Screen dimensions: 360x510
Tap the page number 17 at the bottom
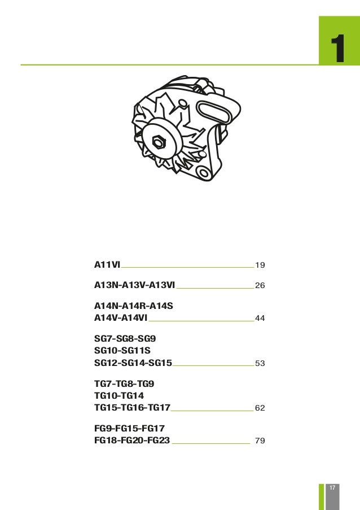pyautogui.click(x=333, y=487)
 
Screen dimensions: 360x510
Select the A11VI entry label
pyautogui.click(x=107, y=264)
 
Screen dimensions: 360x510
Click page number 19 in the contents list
pyautogui.click(x=260, y=265)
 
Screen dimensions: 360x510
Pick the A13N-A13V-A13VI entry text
pyautogui.click(x=134, y=286)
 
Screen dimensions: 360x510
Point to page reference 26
pyautogui.click(x=260, y=286)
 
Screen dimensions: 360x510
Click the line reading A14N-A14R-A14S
pyautogui.click(x=133, y=306)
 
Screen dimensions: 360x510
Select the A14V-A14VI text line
pyautogui.click(x=120, y=319)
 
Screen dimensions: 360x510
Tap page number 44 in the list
pyautogui.click(x=260, y=319)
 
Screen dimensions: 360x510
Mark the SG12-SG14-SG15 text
pyautogui.click(x=133, y=363)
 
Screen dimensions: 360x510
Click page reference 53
pyautogui.click(x=260, y=364)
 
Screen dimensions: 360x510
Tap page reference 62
pyautogui.click(x=260, y=408)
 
